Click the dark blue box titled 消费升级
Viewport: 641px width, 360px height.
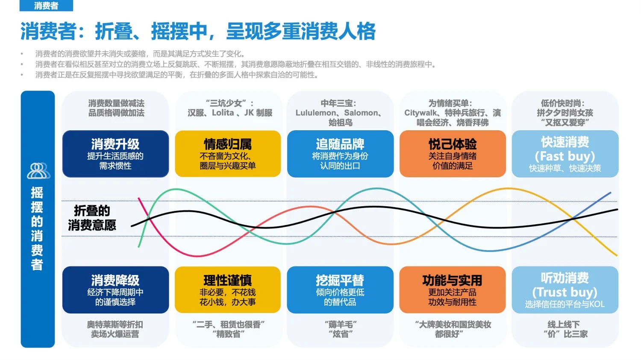[115, 154]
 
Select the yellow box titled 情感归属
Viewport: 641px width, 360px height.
[228, 154]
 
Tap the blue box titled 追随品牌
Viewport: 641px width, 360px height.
[340, 154]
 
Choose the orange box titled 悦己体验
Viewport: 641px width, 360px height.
[453, 154]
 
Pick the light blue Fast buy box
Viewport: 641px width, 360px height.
[565, 154]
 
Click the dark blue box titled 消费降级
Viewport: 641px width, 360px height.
[115, 290]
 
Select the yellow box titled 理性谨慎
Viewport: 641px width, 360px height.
[228, 290]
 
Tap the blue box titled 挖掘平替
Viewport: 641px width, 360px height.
[340, 290]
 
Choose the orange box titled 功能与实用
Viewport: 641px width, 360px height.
[453, 290]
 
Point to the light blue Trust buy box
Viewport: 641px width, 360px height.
[565, 290]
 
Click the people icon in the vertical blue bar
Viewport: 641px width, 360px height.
[38, 171]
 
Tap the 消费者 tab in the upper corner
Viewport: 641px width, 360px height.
[46, 6]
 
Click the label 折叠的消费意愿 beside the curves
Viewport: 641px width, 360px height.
[92, 218]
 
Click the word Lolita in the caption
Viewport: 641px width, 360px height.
[223, 113]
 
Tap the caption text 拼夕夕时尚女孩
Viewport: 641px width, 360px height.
[565, 113]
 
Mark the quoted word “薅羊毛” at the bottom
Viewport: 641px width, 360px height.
[340, 325]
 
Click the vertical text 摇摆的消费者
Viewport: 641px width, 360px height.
[37, 228]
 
